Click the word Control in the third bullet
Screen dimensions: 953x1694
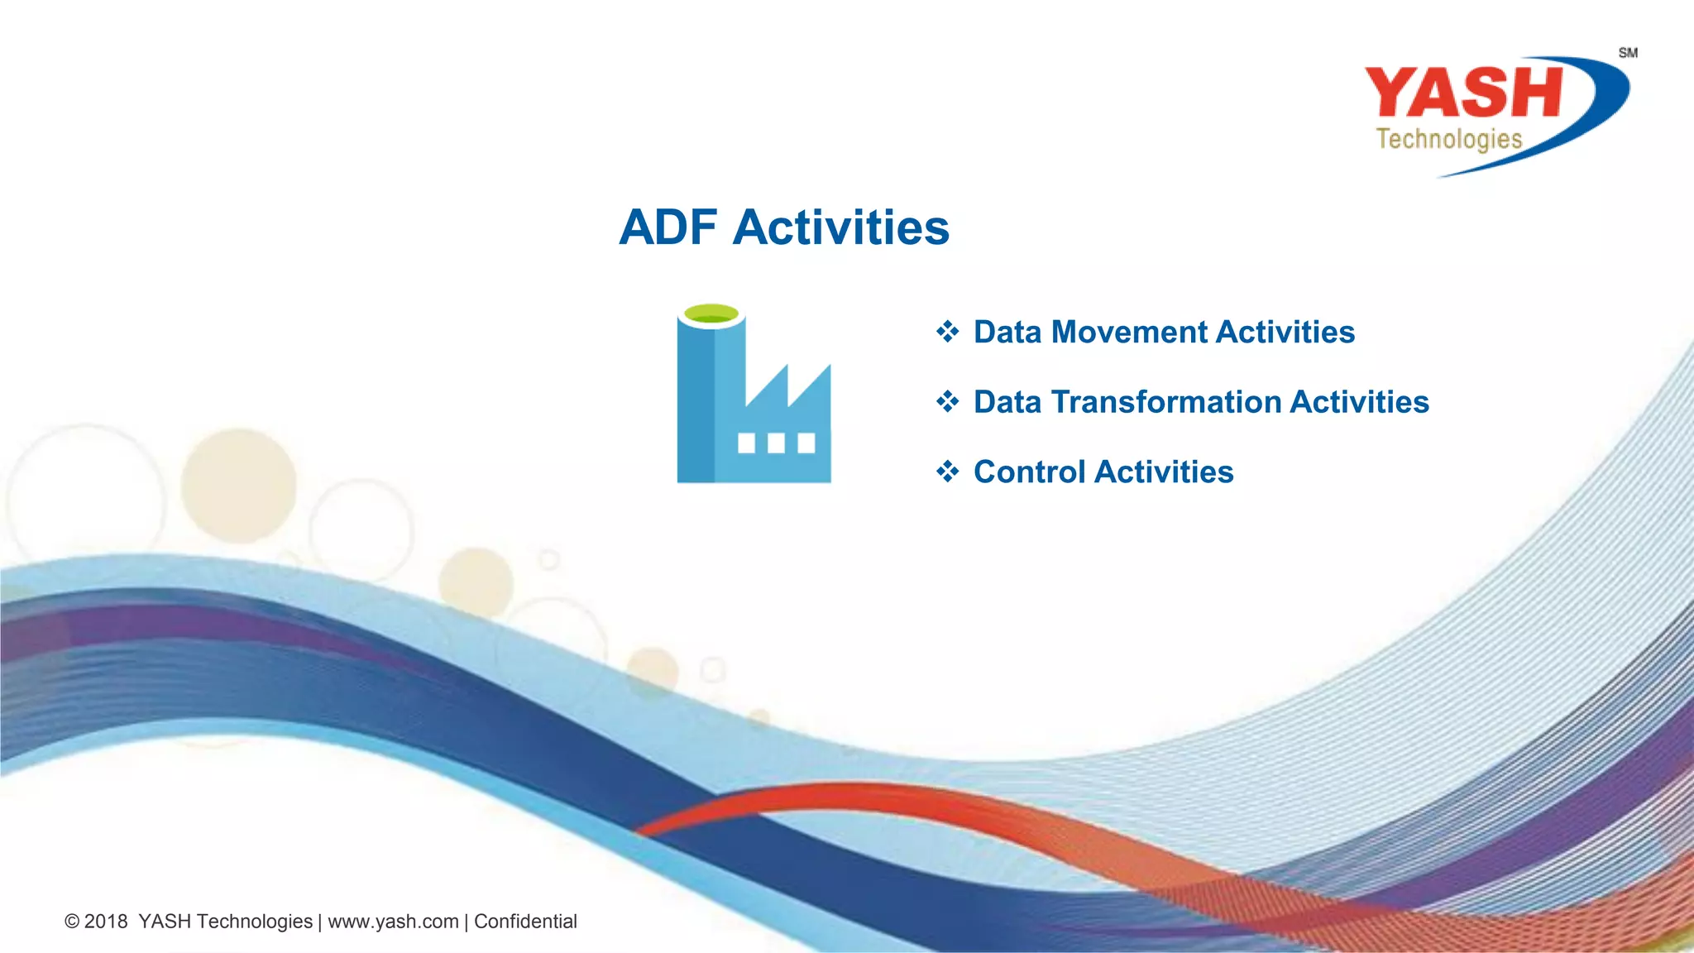click(x=1029, y=472)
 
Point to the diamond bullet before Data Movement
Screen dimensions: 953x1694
click(x=947, y=332)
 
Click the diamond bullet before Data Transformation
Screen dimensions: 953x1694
click(x=947, y=402)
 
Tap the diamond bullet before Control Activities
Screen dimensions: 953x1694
click(x=947, y=472)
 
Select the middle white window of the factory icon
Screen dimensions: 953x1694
click(x=776, y=443)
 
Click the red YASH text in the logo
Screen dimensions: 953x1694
click(x=1462, y=93)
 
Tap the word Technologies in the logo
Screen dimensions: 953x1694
click(x=1448, y=139)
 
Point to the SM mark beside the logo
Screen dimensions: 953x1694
click(x=1628, y=53)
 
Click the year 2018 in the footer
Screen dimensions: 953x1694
click(x=106, y=922)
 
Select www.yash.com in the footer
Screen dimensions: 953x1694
click(x=393, y=922)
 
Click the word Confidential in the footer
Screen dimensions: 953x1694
click(x=525, y=922)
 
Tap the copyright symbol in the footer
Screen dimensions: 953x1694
click(x=72, y=922)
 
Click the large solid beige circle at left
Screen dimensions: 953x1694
click(x=239, y=486)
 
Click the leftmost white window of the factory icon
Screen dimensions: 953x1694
click(x=746, y=443)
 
